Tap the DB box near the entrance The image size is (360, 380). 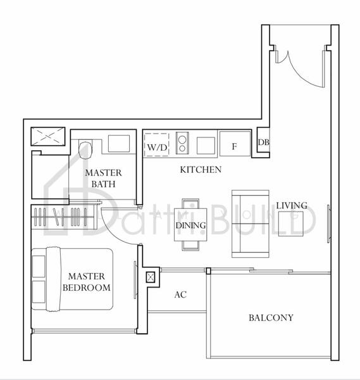click(x=263, y=142)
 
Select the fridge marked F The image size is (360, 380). click(x=234, y=145)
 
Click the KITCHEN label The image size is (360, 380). click(x=200, y=170)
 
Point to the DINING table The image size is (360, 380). click(x=190, y=225)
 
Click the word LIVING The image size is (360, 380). click(x=291, y=206)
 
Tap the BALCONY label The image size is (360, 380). click(x=270, y=318)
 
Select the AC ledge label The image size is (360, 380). click(x=180, y=295)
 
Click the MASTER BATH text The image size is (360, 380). click(x=104, y=179)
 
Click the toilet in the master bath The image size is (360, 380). click(x=85, y=148)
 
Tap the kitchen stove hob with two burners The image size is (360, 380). click(x=182, y=142)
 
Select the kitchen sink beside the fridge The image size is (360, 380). click(x=206, y=145)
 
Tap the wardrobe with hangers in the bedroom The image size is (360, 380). click(x=63, y=217)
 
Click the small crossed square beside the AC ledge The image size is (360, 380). click(x=150, y=277)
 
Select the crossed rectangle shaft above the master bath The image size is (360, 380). click(x=48, y=135)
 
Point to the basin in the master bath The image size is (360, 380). click(x=118, y=143)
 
